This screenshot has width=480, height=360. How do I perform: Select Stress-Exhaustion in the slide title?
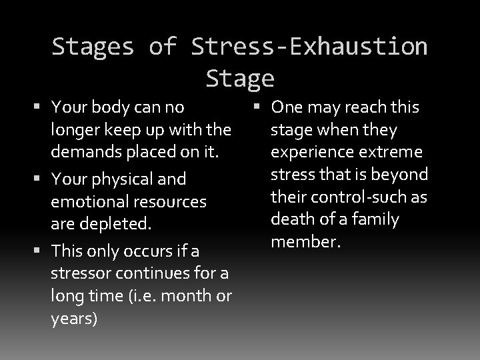[x=309, y=47]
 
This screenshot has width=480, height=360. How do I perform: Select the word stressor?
[x=79, y=273]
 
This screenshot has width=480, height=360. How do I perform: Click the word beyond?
[x=397, y=175]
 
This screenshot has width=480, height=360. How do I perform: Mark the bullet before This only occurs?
[x=41, y=251]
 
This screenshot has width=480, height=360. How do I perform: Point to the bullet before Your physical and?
[x=41, y=179]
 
